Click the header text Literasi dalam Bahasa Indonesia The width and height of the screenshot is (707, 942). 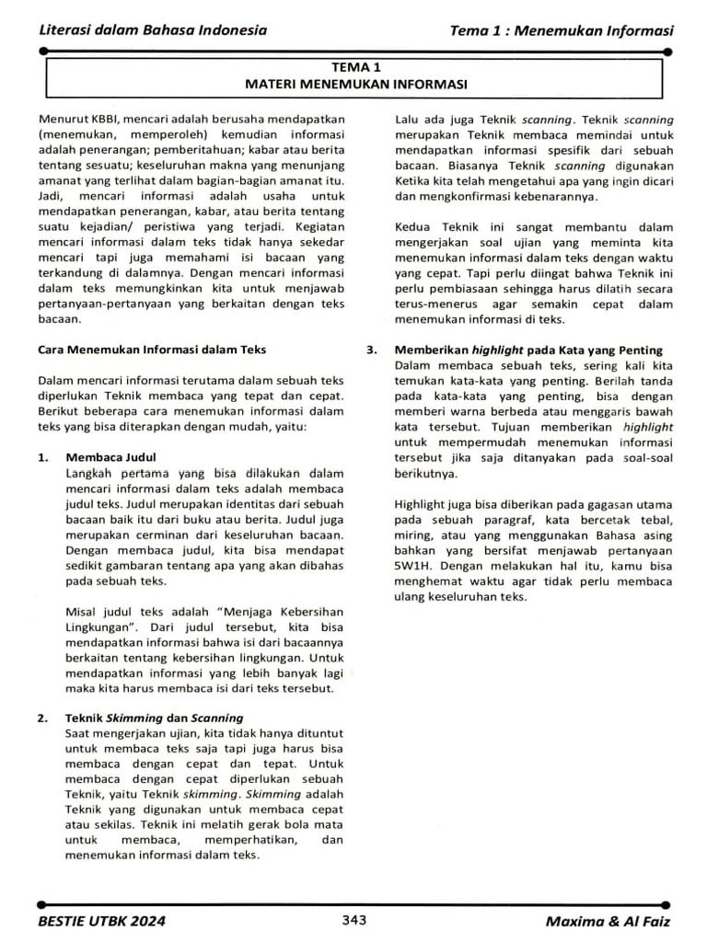pyautogui.click(x=152, y=30)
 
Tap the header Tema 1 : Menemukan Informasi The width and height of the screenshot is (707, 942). pyautogui.click(x=562, y=30)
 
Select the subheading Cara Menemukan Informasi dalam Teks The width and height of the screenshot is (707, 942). pyautogui.click(x=151, y=350)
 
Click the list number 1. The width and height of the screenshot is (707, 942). pyautogui.click(x=43, y=457)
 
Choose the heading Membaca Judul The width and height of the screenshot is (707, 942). pyautogui.click(x=111, y=457)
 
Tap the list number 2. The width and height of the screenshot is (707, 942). pyautogui.click(x=43, y=718)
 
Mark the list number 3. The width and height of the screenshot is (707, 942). pyautogui.click(x=372, y=350)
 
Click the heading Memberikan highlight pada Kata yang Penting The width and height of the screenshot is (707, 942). pyautogui.click(x=528, y=350)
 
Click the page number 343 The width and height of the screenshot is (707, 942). pyautogui.click(x=354, y=920)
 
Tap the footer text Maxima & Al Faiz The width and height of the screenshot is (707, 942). pyautogui.click(x=608, y=921)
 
